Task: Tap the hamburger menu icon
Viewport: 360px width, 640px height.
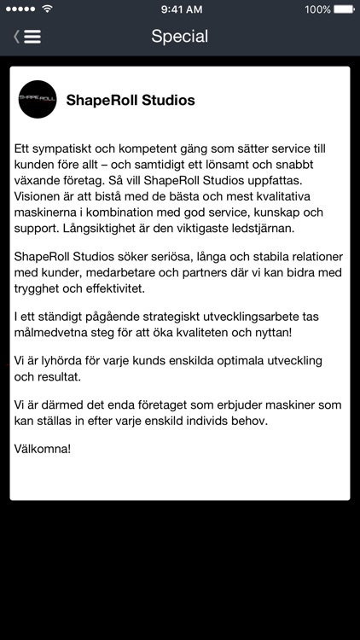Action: point(32,37)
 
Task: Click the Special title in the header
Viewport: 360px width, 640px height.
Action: point(179,36)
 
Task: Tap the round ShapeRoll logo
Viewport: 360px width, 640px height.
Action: point(38,100)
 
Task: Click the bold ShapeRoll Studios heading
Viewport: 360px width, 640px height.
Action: point(131,101)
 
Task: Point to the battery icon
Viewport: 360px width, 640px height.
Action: point(342,9)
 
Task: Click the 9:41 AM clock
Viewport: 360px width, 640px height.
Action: point(180,9)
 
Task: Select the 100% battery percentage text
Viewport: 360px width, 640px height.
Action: point(316,9)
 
